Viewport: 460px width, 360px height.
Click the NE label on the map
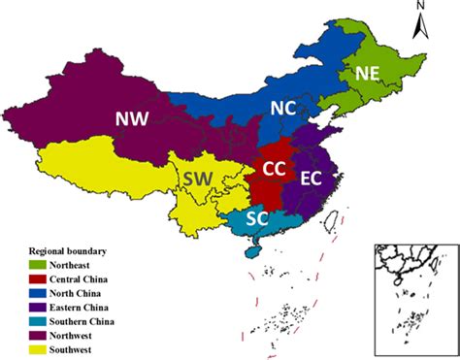(368, 73)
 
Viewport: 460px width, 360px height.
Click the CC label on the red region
(275, 169)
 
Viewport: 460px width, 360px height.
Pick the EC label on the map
(311, 179)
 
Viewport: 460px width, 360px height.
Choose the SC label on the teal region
(257, 218)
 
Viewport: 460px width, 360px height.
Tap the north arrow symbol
(419, 24)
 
